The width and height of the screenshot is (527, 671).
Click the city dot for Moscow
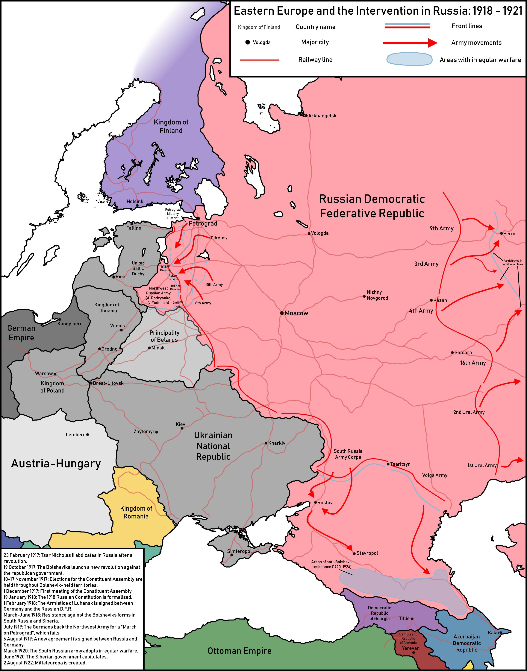pyautogui.click(x=282, y=313)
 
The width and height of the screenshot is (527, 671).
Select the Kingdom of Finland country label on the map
pyautogui.click(x=171, y=126)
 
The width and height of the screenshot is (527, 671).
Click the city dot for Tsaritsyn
pyautogui.click(x=388, y=464)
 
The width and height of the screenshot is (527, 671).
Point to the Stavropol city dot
pyautogui.click(x=354, y=553)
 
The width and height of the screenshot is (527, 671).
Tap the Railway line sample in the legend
pyautogui.click(x=260, y=60)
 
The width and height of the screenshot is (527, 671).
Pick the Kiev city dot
pyautogui.click(x=182, y=428)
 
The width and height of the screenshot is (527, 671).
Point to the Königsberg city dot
pyautogui.click(x=60, y=319)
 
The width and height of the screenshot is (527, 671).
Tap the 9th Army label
pyautogui.click(x=442, y=229)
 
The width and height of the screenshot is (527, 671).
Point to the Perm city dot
pyautogui.click(x=501, y=233)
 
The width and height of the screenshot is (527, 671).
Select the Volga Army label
pyautogui.click(x=434, y=475)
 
